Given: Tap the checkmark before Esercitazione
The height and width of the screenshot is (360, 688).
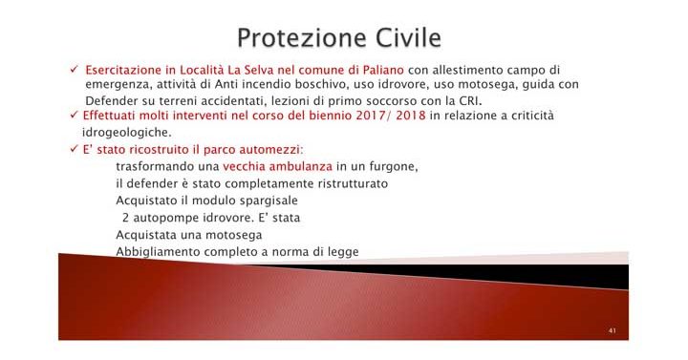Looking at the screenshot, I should (x=75, y=71).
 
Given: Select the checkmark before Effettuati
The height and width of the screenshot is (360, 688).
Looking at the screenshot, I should (x=75, y=116).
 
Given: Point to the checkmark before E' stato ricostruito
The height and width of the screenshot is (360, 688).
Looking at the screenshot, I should (x=75, y=150).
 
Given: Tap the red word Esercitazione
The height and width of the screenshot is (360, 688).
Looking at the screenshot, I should (x=121, y=71).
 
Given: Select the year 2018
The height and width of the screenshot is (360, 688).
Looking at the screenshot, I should (x=409, y=116).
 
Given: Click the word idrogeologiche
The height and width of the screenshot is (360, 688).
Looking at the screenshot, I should (x=126, y=133).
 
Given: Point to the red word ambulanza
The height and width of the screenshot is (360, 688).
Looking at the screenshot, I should (x=280, y=167).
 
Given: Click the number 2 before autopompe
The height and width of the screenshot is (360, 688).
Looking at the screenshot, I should (x=125, y=219).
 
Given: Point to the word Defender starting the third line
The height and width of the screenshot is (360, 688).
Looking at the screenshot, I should (x=110, y=100).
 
